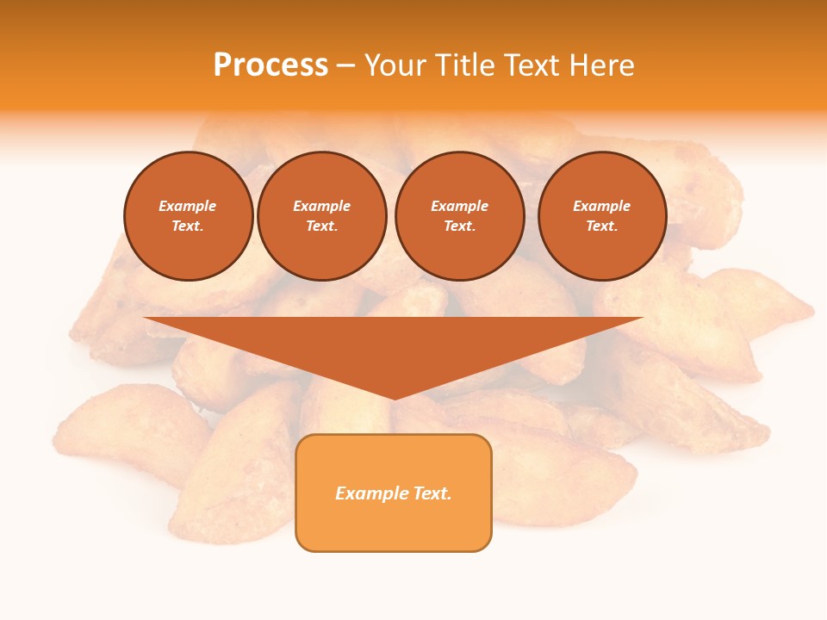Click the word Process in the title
(270, 65)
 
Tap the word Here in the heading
(600, 65)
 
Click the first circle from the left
(189, 216)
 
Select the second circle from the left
(322, 216)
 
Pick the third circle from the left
(459, 216)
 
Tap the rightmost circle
(602, 216)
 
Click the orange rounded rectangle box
(394, 493)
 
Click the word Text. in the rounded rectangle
(432, 493)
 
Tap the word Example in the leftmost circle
(188, 207)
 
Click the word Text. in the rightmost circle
(602, 226)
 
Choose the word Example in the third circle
(459, 207)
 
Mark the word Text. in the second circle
(322, 226)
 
